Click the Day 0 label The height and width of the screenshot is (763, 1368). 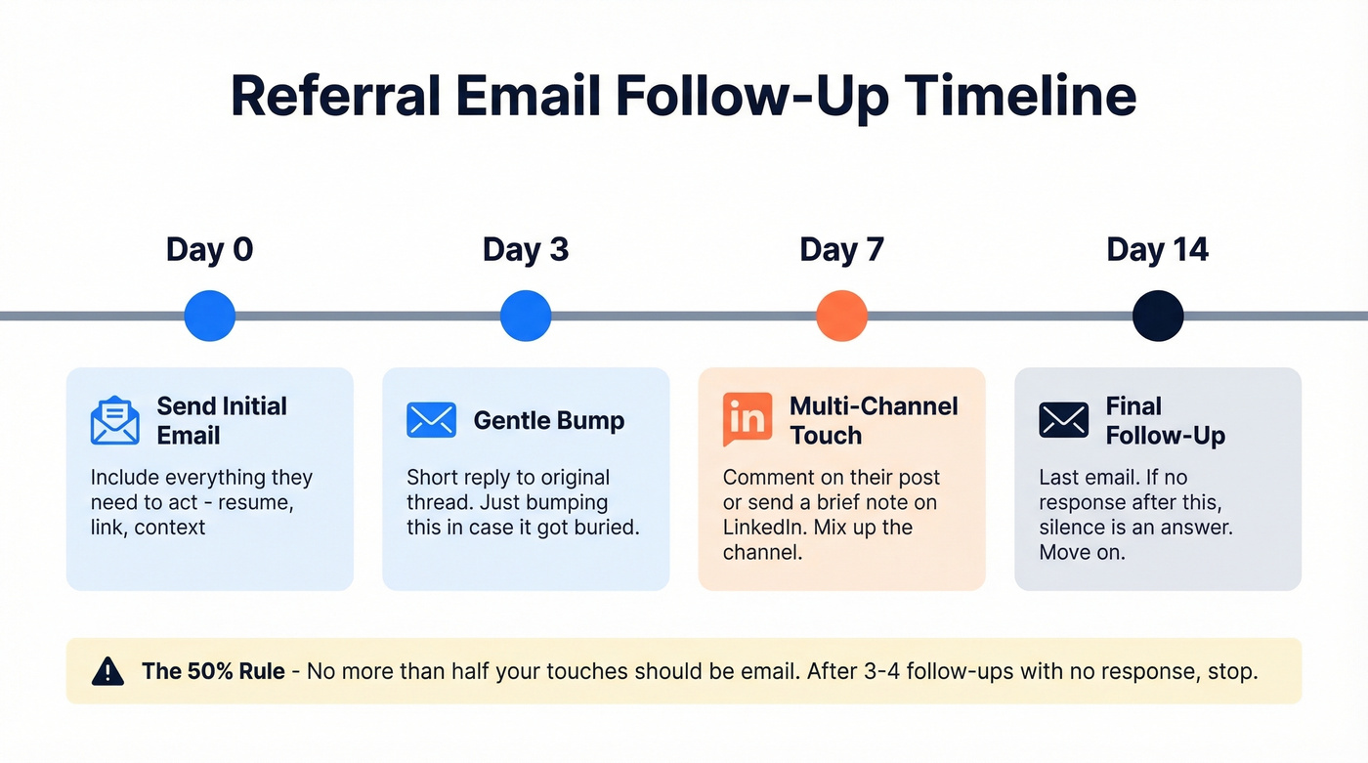pyautogui.click(x=209, y=249)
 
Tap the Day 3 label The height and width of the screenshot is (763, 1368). pyautogui.click(x=525, y=249)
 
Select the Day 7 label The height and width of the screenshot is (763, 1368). pyautogui.click(x=841, y=249)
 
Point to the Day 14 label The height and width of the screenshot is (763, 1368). pyautogui.click(x=1157, y=249)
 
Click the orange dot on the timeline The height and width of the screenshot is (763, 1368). pyautogui.click(x=841, y=316)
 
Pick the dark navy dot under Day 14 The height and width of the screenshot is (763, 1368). pyautogui.click(x=1158, y=316)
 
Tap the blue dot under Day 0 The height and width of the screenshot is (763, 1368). pyautogui.click(x=210, y=316)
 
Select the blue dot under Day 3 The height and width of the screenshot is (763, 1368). pyautogui.click(x=526, y=316)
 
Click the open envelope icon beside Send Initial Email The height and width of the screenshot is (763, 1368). pyautogui.click(x=115, y=420)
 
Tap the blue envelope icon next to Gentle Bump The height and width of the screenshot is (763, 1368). pyautogui.click(x=431, y=420)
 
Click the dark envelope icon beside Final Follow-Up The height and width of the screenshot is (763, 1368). pyautogui.click(x=1063, y=420)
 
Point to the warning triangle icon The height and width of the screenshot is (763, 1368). pyautogui.click(x=107, y=671)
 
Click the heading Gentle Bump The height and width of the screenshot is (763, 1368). pyautogui.click(x=548, y=421)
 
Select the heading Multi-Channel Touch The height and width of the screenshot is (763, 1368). pyautogui.click(x=873, y=420)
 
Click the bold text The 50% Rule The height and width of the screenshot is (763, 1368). pyautogui.click(x=213, y=671)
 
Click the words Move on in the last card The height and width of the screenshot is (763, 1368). pyautogui.click(x=1081, y=553)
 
